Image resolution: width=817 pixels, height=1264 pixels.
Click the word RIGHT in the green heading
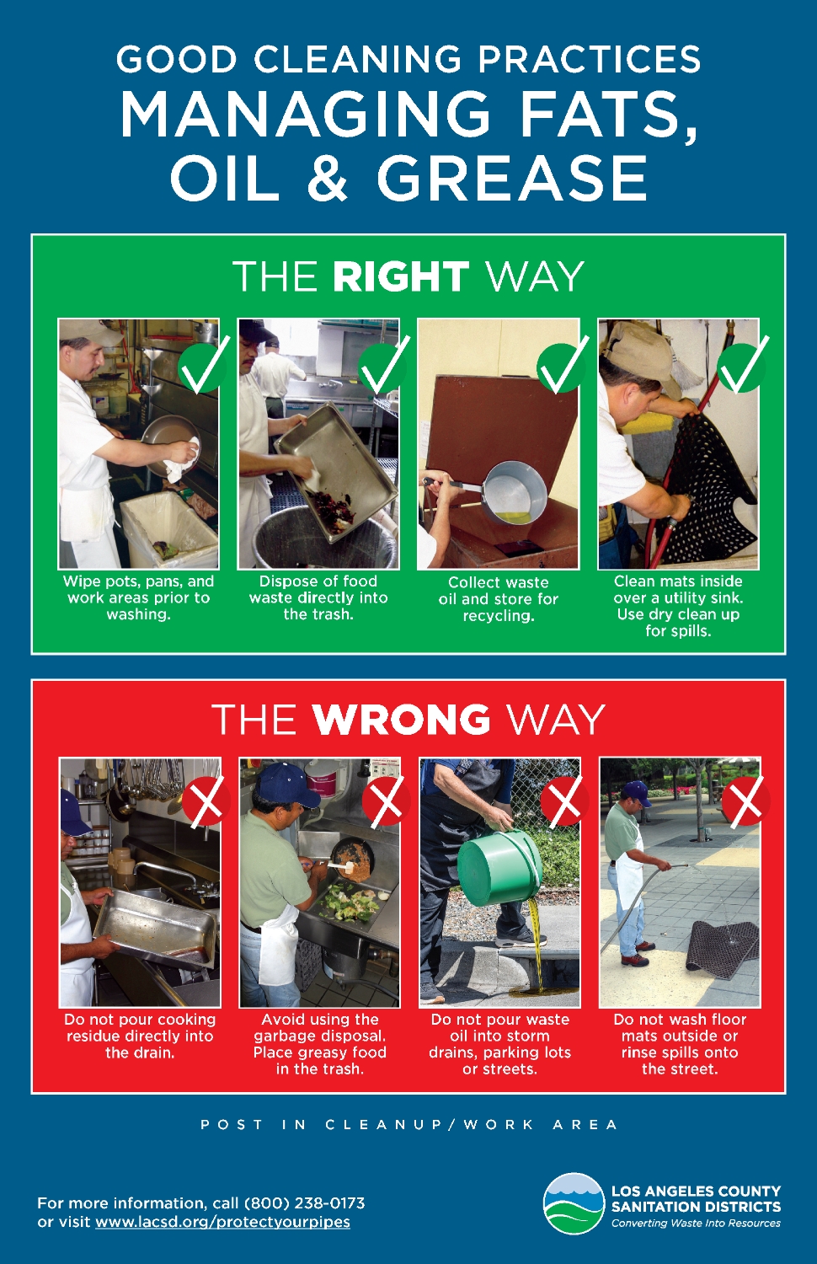pyautogui.click(x=400, y=276)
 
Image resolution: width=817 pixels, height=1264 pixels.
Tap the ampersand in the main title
pyautogui.click(x=327, y=176)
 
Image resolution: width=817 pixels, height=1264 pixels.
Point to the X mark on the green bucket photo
pyautogui.click(x=565, y=802)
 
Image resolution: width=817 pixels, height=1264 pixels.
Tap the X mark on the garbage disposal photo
pyautogui.click(x=386, y=802)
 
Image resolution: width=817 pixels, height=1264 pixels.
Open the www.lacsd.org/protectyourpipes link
pyautogui.click(x=222, y=1222)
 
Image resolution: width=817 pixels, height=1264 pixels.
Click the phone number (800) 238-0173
pyautogui.click(x=304, y=1203)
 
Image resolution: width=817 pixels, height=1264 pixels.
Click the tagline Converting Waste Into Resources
pyautogui.click(x=696, y=1224)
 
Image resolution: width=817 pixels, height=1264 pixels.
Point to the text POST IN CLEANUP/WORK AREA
pyautogui.click(x=408, y=1125)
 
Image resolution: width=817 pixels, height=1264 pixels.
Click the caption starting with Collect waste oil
pyautogui.click(x=499, y=598)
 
